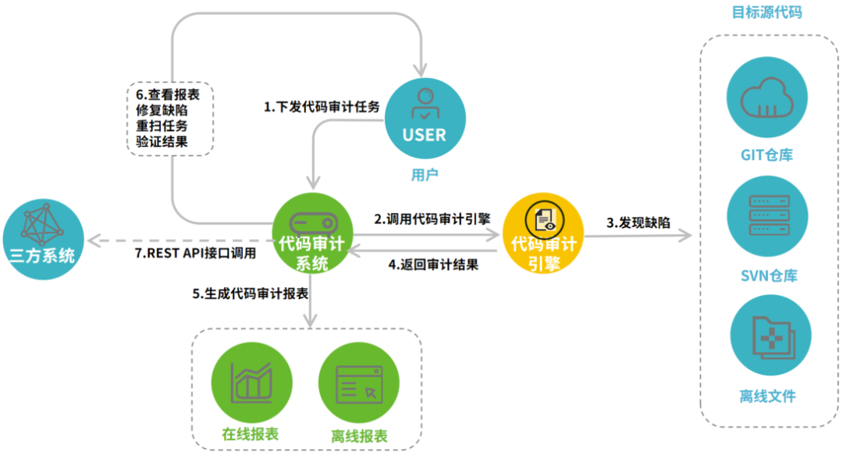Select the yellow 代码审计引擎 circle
coord(543,233)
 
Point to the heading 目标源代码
coord(767,12)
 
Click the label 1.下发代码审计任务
coord(322,107)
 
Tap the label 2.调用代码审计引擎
coord(432,219)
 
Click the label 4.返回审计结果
coord(433,264)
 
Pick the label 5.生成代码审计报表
coord(251,294)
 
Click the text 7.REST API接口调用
coord(195,252)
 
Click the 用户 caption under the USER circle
coord(425,175)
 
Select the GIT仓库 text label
coord(767,155)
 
